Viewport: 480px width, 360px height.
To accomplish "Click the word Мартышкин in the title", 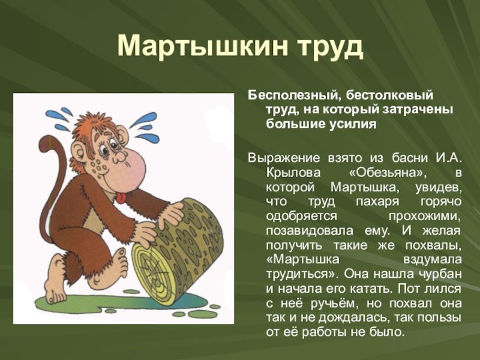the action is (203, 47).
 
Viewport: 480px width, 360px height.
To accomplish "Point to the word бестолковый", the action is (390, 95).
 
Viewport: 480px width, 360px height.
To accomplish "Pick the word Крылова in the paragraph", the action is (293, 173).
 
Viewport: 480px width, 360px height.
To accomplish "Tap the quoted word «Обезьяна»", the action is (388, 173).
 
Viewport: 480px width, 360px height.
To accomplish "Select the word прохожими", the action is (425, 216).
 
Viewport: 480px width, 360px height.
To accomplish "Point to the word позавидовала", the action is (310, 230).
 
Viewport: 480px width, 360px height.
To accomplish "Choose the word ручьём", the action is (331, 304).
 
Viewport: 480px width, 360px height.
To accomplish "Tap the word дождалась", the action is (353, 318).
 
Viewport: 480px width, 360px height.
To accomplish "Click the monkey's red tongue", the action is (121, 197).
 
